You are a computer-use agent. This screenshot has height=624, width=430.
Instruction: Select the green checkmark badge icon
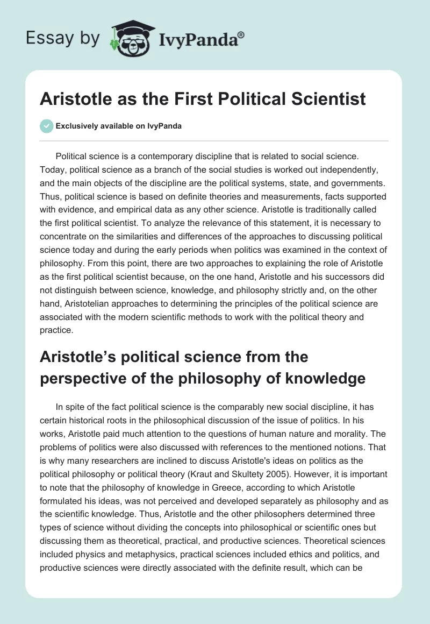[x=46, y=126]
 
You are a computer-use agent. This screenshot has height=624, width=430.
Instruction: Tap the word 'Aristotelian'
[x=88, y=303]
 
